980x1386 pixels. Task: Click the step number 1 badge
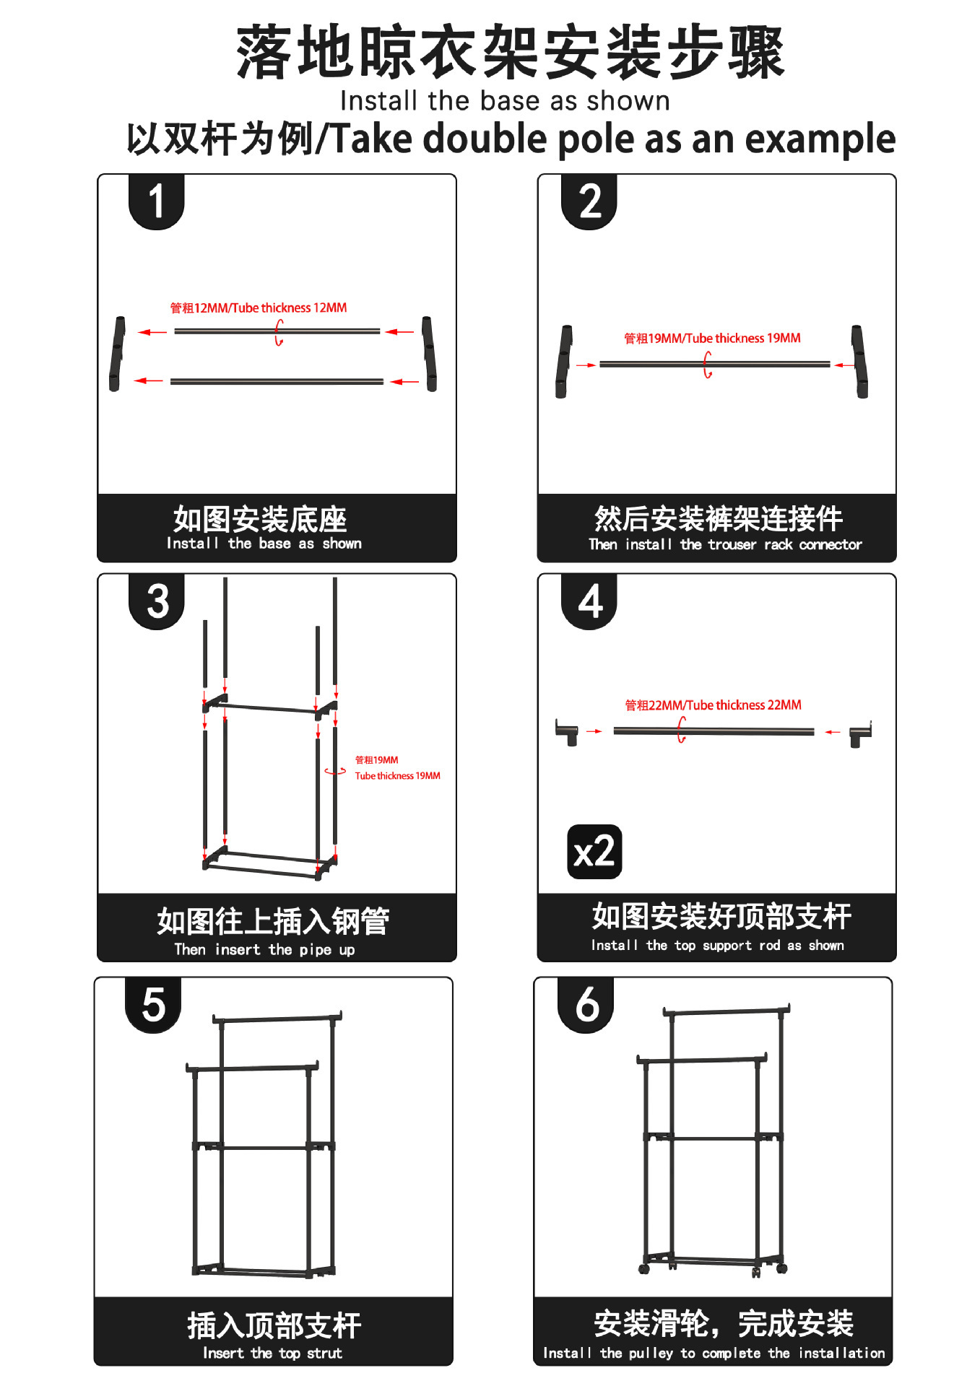click(x=156, y=201)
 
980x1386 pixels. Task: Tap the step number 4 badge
click(x=589, y=601)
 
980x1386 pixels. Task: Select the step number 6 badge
click(x=586, y=1004)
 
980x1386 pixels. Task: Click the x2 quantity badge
click(x=594, y=852)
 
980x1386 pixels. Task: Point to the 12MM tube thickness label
click(x=259, y=308)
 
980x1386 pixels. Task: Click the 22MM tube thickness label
click(x=713, y=705)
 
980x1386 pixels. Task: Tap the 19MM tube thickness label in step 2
click(x=712, y=339)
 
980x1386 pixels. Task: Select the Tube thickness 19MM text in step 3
click(x=397, y=776)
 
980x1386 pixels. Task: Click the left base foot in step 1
click(x=116, y=354)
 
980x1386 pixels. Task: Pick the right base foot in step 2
click(x=859, y=361)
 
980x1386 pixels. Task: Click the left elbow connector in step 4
click(x=567, y=732)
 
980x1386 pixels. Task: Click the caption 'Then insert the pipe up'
click(x=264, y=950)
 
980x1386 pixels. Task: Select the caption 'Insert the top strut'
click(x=272, y=1354)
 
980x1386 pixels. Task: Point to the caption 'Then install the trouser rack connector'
click(x=725, y=545)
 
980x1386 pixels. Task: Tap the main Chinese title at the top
click(x=510, y=52)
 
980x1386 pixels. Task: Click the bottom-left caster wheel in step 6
click(x=643, y=1268)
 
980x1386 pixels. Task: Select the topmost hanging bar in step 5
click(x=277, y=1019)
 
